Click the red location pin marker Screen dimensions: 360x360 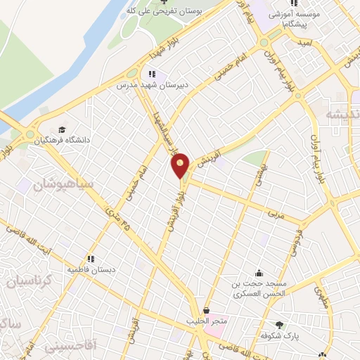181,166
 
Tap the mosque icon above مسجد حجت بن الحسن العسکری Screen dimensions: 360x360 259,273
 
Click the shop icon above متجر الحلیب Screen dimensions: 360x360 206,310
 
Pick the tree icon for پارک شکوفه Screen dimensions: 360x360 280,325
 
